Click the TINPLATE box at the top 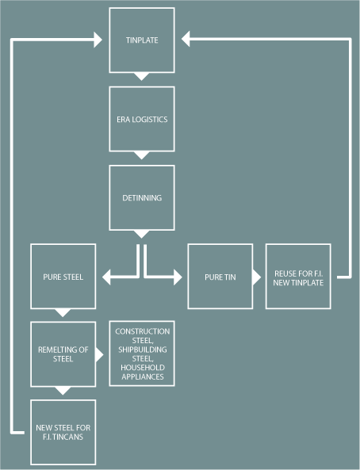tap(142, 40)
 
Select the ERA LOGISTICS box tap(142, 119)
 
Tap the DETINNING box tap(142, 198)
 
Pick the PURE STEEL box tap(63, 277)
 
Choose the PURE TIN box tap(220, 277)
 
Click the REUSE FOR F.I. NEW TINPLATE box tap(298, 277)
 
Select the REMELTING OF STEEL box tap(63, 354)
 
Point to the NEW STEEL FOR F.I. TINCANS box tap(63, 432)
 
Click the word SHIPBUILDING tap(143, 350)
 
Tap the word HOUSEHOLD tap(143, 368)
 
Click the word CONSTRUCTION tap(143, 331)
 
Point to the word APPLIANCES tap(143, 376)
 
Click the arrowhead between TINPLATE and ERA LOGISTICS tap(142, 76)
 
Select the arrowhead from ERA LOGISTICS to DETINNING tap(142, 155)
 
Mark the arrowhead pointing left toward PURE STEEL tap(106, 277)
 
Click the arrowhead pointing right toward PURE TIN tap(178, 277)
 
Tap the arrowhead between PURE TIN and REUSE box tap(257, 277)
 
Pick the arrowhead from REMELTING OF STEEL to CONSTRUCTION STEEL tap(100, 355)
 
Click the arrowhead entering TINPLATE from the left tap(98, 40)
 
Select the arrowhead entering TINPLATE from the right tap(186, 39)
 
